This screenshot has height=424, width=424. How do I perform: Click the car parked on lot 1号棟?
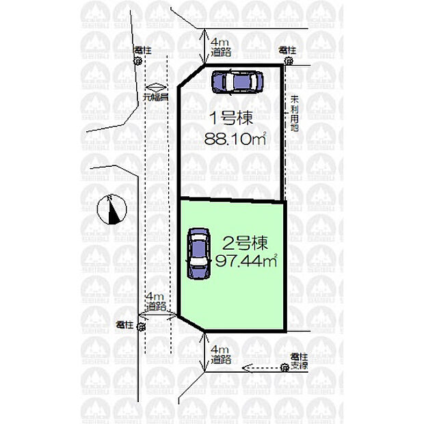point(237,82)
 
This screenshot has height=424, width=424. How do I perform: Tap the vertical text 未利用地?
point(294,113)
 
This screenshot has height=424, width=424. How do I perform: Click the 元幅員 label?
point(156,97)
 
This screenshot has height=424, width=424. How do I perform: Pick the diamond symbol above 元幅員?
point(156,86)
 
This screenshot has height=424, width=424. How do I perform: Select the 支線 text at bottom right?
point(298,366)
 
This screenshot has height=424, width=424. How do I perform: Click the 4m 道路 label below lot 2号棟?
point(220,354)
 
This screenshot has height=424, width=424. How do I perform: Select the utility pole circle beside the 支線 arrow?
point(284,368)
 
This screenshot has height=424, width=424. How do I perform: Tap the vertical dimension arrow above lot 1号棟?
point(207,47)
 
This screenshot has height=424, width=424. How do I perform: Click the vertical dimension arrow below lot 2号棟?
point(206,352)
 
